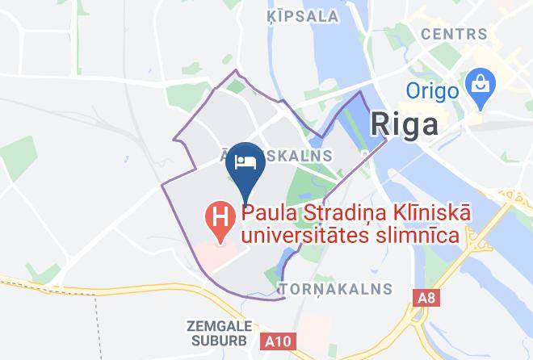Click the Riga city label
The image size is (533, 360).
pos(405,123)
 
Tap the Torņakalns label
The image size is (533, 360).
pos(335,288)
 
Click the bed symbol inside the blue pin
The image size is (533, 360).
pos(245,160)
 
